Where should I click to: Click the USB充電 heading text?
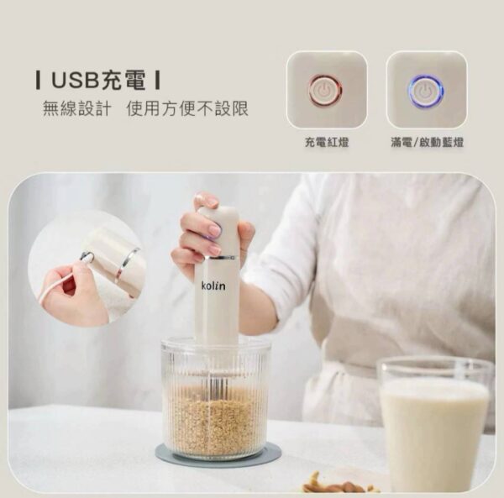[x=98, y=81]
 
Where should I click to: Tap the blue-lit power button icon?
[x=426, y=91]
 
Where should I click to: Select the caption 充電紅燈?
[x=326, y=144]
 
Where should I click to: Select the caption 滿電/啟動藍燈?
[x=427, y=144]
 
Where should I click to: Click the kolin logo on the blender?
[x=213, y=286]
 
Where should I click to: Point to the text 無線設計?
[x=76, y=110]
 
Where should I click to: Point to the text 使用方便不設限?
[x=187, y=110]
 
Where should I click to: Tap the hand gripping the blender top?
[x=206, y=235]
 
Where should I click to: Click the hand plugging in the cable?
[x=71, y=294]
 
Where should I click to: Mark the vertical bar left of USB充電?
[x=39, y=81]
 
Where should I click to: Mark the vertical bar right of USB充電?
[x=158, y=81]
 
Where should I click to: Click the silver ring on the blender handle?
[x=221, y=257]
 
